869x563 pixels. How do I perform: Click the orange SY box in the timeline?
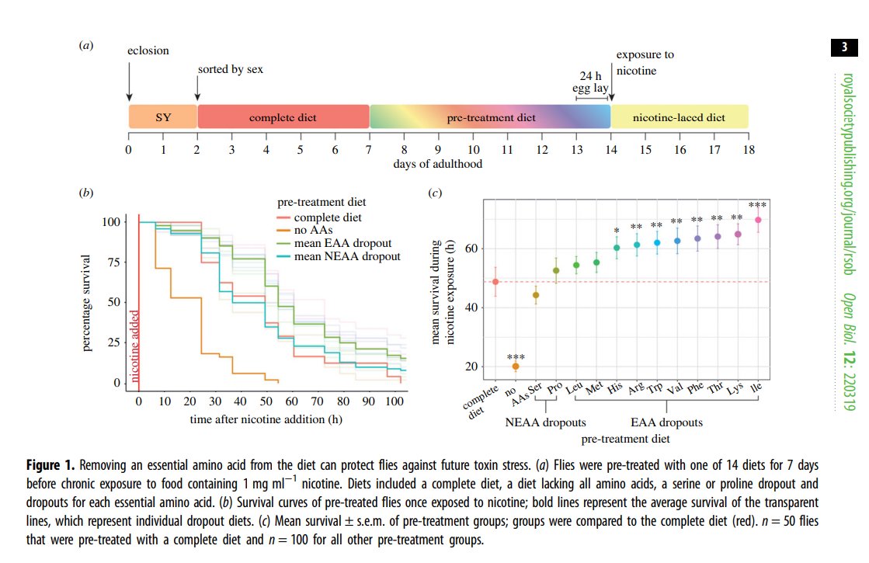[163, 117]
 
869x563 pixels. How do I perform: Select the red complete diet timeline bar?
[283, 117]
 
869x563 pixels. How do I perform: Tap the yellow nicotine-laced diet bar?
[679, 117]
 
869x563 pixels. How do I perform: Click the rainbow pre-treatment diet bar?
[490, 117]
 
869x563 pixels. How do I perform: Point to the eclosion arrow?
[129, 82]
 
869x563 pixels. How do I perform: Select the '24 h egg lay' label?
[591, 82]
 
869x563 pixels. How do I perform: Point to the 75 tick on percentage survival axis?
[111, 262]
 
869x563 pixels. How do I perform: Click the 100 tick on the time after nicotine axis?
[394, 402]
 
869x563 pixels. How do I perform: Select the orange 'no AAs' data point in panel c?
[516, 366]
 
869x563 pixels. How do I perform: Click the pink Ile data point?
[757, 220]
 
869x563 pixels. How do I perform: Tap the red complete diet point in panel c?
[495, 281]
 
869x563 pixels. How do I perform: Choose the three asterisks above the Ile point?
[757, 204]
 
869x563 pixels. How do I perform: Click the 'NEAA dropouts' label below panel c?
[544, 423]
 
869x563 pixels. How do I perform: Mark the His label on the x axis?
[614, 390]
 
